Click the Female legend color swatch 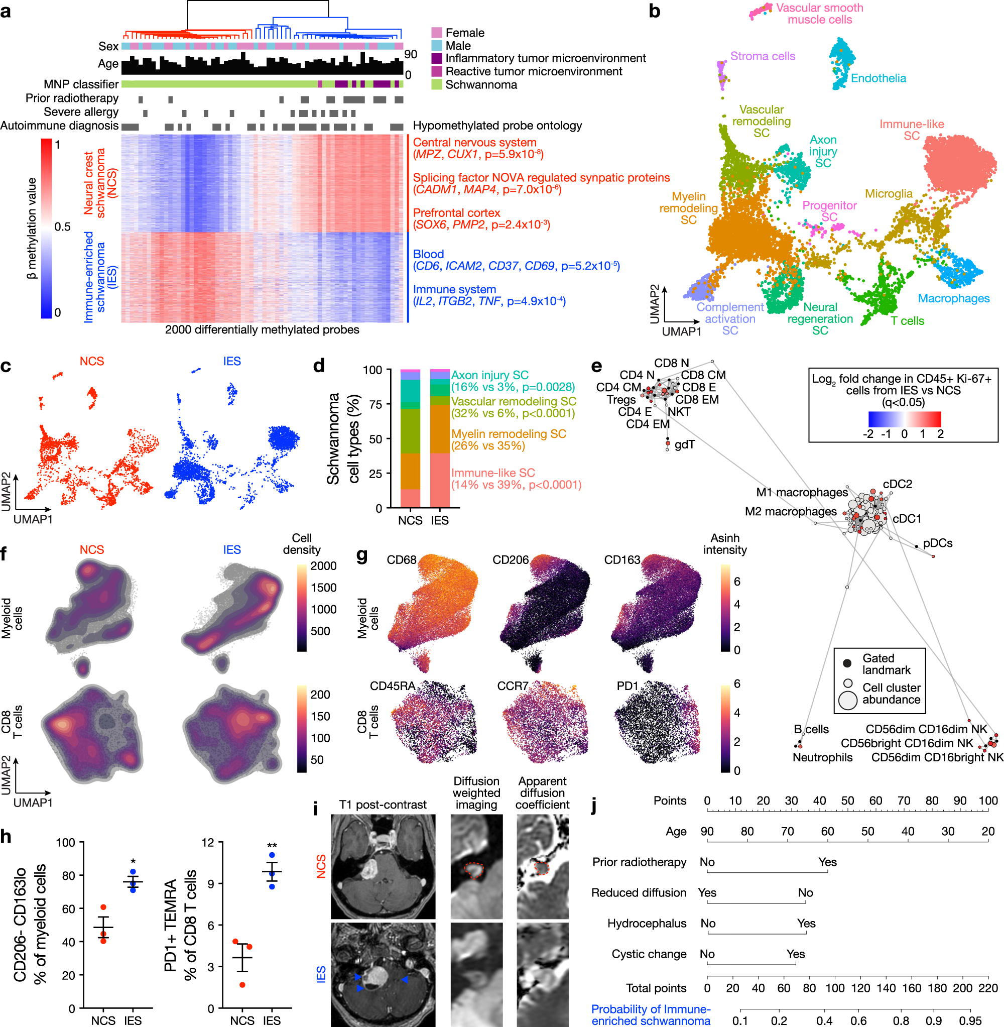pos(436,33)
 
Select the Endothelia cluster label pos(878,78)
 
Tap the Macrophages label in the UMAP pos(953,298)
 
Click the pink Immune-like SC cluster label pos(911,130)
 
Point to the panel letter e pos(596,366)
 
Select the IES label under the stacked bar pos(439,521)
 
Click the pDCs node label pos(938,543)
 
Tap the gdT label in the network pos(684,444)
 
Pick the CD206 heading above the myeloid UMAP pos(510,559)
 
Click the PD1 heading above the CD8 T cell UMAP pos(627,686)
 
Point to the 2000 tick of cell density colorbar pos(323,566)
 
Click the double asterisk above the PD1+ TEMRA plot pos(272,847)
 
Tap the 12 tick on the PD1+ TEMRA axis pos(208,842)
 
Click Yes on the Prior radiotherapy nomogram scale pos(827,862)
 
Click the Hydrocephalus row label pos(647,923)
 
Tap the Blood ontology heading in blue pos(428,254)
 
